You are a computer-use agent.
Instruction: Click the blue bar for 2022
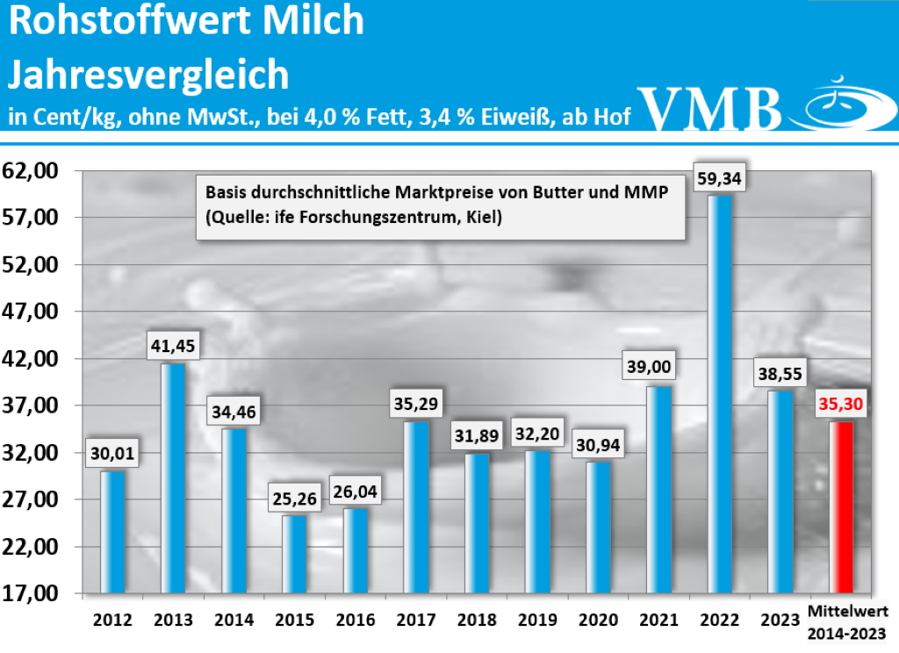pos(719,393)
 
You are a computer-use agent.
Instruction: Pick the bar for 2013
pos(172,477)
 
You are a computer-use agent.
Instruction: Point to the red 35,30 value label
pos(841,405)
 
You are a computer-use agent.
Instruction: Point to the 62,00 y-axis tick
pos(30,170)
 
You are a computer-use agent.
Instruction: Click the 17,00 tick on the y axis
pos(30,593)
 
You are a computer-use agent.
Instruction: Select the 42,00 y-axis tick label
pos(30,359)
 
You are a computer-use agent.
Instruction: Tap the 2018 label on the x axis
pos(478,620)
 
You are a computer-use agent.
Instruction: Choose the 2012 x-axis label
pos(112,620)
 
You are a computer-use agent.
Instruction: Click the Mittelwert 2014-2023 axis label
pos(847,620)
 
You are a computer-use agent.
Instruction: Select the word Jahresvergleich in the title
pos(148,75)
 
